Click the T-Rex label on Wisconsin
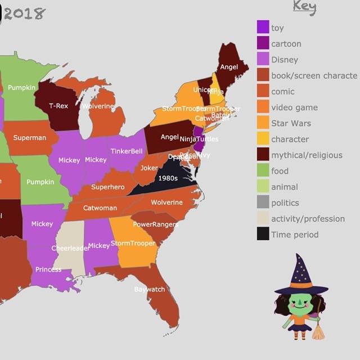pyautogui.click(x=58, y=106)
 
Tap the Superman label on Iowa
pyautogui.click(x=30, y=138)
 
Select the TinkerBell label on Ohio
pyautogui.click(x=127, y=151)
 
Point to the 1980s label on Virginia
pyautogui.click(x=168, y=178)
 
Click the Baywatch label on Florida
pyautogui.click(x=150, y=290)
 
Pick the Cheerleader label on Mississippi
pyautogui.click(x=70, y=248)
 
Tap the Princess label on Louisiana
pyautogui.click(x=48, y=269)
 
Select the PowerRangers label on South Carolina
pyautogui.click(x=155, y=224)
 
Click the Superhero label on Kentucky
pyautogui.click(x=108, y=187)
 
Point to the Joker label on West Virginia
pyautogui.click(x=149, y=168)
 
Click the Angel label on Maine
pyautogui.click(x=229, y=67)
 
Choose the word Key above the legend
pyautogui.click(x=304, y=7)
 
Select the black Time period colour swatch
pyautogui.click(x=263, y=234)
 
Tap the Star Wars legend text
pyautogui.click(x=291, y=123)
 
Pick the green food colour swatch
pyautogui.click(x=263, y=170)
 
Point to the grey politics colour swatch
pyautogui.click(x=263, y=202)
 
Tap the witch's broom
pyautogui.click(x=318, y=329)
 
